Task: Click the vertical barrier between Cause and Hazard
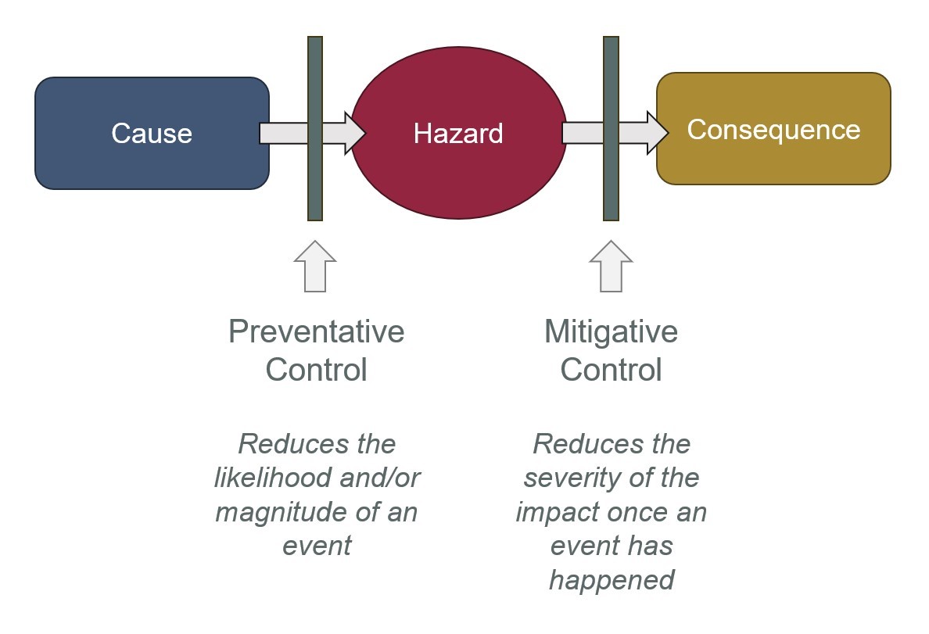click(315, 180)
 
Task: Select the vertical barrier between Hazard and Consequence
click(611, 180)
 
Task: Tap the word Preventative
click(316, 332)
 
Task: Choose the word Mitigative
click(611, 332)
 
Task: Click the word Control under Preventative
click(316, 369)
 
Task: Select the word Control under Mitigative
click(611, 369)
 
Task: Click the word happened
click(611, 580)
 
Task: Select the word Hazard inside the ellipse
click(458, 134)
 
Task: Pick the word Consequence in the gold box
click(773, 130)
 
